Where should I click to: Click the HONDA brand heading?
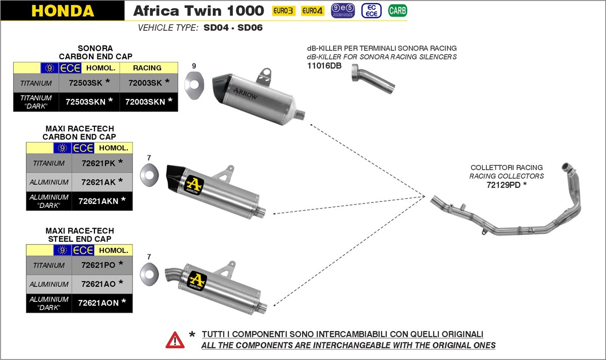pos(63,11)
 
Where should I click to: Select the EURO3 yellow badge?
pos(283,11)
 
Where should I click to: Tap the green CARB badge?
pos(397,11)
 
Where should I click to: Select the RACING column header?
pos(147,68)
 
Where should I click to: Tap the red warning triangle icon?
pos(175,339)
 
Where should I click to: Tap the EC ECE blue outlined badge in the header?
pos(371,11)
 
